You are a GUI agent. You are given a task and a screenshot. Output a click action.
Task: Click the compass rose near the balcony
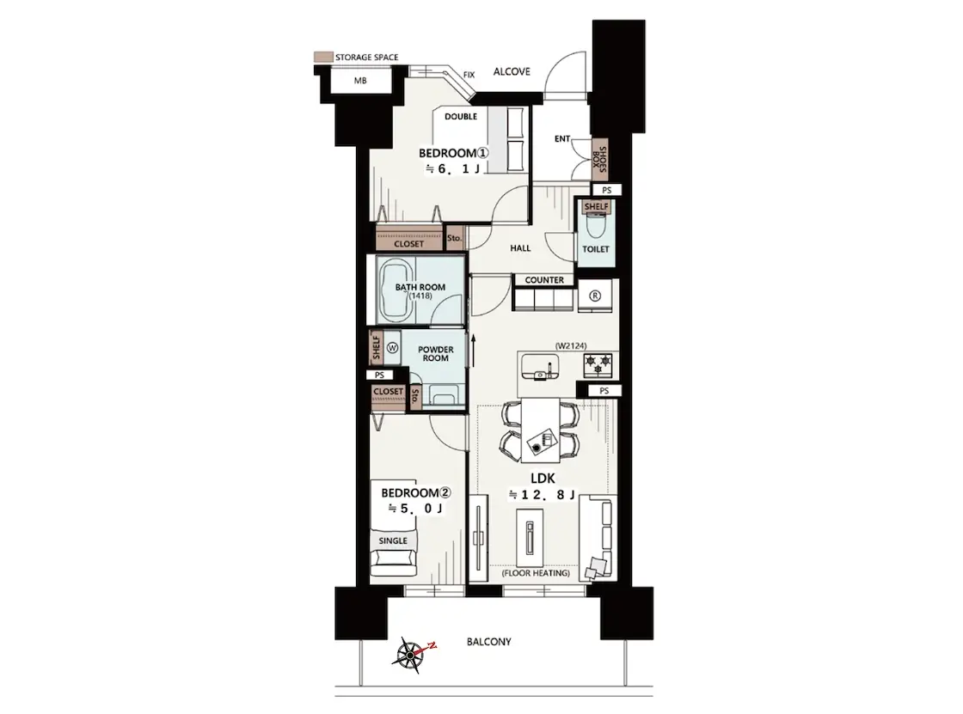[x=410, y=655]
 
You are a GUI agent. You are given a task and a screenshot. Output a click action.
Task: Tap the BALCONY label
[x=489, y=642]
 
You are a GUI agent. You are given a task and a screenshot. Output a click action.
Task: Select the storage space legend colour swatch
[x=323, y=57]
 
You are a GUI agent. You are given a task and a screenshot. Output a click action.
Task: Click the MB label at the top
[x=360, y=81]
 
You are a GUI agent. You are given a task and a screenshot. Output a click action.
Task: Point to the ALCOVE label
[x=512, y=71]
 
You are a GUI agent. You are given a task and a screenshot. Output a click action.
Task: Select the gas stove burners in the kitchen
[x=598, y=365]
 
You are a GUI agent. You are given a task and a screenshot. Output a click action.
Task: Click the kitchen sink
[x=541, y=367]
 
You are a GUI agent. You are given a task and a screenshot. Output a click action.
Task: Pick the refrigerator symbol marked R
[x=594, y=296]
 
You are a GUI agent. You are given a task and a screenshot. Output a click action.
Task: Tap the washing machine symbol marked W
[x=392, y=348]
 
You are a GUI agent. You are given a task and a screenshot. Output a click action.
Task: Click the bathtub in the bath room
[x=397, y=290]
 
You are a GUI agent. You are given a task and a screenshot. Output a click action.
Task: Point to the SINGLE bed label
[x=393, y=541]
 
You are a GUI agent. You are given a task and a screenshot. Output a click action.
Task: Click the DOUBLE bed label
[x=461, y=116]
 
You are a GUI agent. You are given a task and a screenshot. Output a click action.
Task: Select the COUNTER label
[x=544, y=280]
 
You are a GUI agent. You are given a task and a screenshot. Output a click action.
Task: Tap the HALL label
[x=520, y=248]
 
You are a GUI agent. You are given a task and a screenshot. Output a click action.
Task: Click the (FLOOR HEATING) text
[x=536, y=573]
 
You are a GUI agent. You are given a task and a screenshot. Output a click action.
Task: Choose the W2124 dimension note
[x=571, y=345]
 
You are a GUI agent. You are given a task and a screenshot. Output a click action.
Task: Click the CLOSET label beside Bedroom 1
[x=409, y=244]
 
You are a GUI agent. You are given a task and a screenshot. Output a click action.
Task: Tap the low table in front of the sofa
[x=529, y=538]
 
